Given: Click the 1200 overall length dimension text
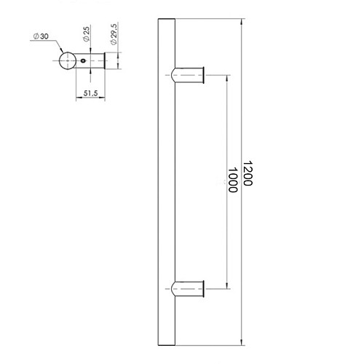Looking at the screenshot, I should click(248, 175).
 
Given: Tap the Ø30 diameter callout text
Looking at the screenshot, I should click(41, 37).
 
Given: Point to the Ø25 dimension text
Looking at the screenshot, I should click(86, 34).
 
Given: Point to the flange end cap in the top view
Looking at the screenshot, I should click(106, 61).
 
